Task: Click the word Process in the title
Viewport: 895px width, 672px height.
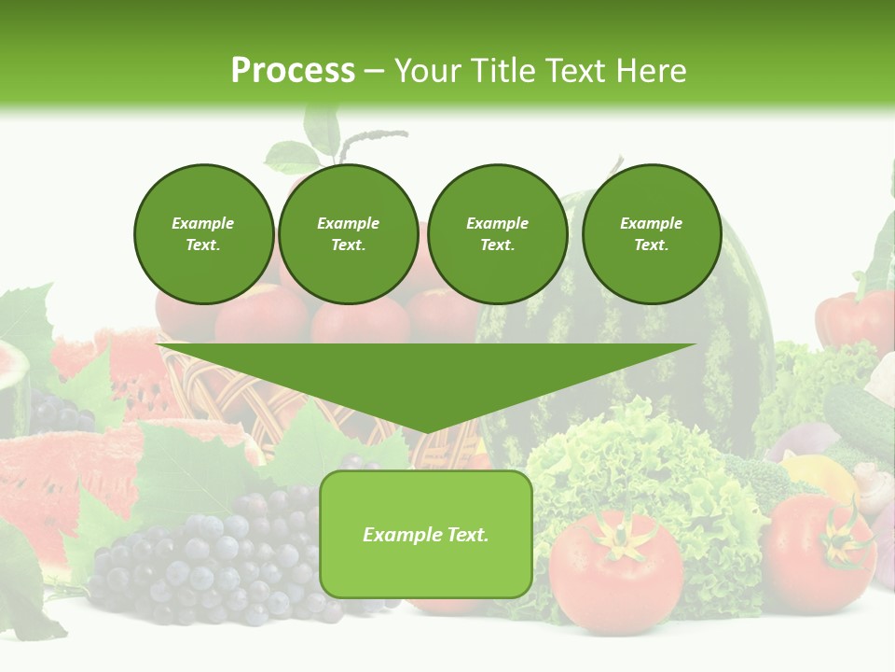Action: (x=293, y=71)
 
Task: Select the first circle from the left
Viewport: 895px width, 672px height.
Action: (x=203, y=233)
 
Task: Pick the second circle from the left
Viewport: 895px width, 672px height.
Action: (x=348, y=233)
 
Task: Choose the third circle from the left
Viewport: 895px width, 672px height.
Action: (x=497, y=233)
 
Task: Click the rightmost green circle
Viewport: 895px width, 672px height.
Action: (x=651, y=233)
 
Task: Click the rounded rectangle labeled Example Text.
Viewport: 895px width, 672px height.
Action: (x=426, y=534)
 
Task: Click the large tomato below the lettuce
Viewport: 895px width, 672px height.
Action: (x=615, y=569)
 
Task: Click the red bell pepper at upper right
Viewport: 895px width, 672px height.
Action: (x=853, y=322)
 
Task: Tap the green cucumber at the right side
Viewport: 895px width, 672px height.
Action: (x=858, y=411)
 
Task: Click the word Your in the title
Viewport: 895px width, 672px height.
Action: (x=432, y=71)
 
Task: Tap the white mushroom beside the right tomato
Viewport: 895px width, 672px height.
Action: (x=873, y=485)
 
